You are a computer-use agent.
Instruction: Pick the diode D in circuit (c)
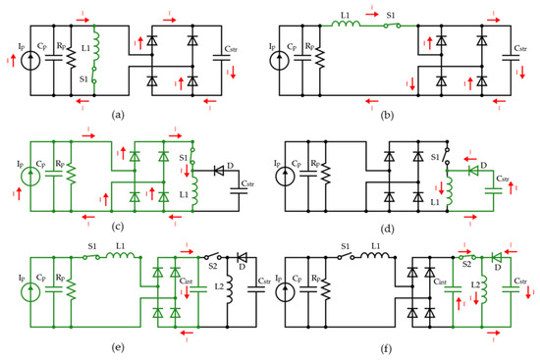(x=219, y=180)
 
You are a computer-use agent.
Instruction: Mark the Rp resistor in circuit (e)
(x=70, y=294)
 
